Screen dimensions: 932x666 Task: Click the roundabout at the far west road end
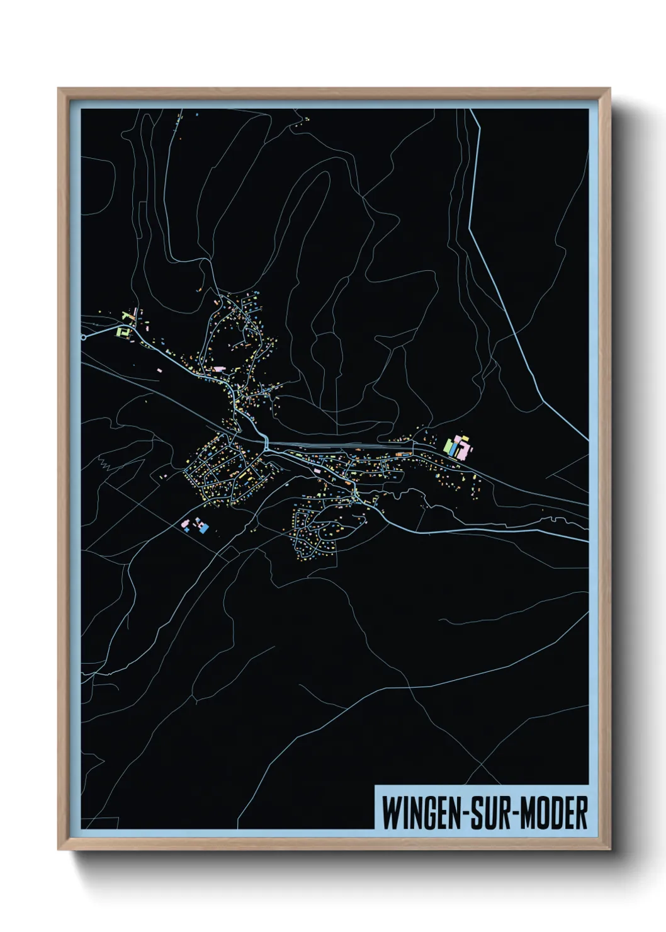[x=83, y=337]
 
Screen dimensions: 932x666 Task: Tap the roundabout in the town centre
[x=266, y=445]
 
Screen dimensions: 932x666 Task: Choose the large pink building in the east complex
[x=463, y=449]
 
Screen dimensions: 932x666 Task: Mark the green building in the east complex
[x=448, y=446]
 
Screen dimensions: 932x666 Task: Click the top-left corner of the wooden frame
[x=59, y=89]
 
